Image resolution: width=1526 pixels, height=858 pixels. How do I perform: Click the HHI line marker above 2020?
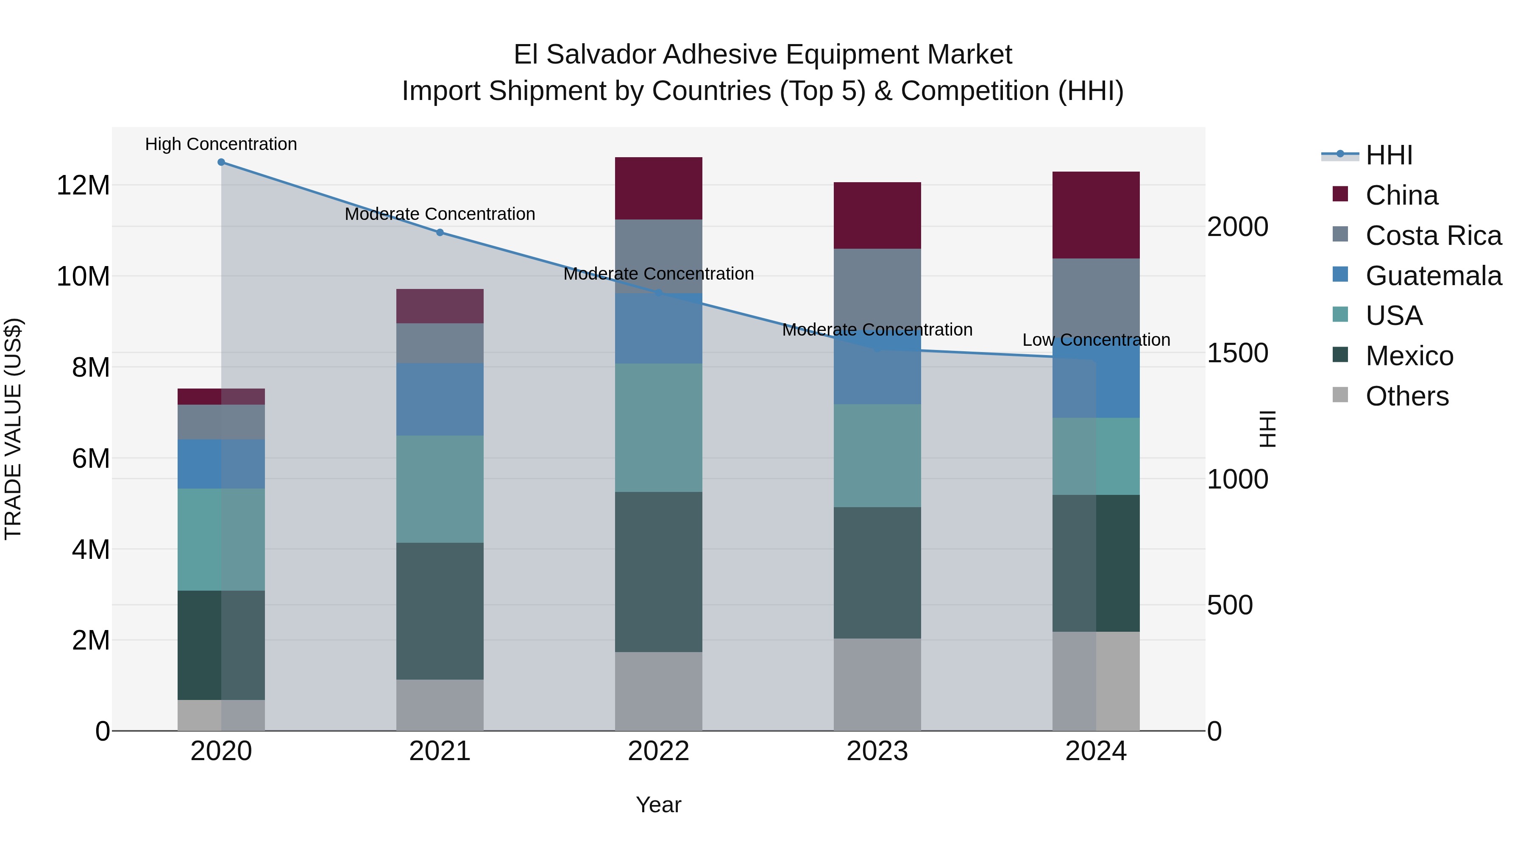coord(221,162)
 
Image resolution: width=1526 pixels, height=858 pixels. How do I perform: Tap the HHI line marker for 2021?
coord(440,233)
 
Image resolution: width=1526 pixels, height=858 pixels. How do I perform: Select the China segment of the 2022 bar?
coord(658,188)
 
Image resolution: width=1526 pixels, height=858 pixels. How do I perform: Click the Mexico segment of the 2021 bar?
coord(440,611)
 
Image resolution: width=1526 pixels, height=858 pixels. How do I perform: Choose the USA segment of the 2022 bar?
coord(658,428)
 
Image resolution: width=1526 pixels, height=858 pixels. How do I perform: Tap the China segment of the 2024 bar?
coord(1095,215)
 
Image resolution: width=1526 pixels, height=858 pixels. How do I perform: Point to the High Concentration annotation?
coord(221,144)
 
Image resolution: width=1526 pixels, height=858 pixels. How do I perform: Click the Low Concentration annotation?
coord(1096,340)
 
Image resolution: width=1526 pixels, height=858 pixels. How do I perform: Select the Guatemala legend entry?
coord(1433,276)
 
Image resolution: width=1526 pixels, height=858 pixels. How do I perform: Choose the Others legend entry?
coord(1407,396)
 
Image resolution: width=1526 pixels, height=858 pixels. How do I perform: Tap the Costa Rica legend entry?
coord(1433,236)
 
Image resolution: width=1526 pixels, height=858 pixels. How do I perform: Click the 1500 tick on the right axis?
coord(1237,353)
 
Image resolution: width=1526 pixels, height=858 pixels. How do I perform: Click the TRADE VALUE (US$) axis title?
coord(13,429)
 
